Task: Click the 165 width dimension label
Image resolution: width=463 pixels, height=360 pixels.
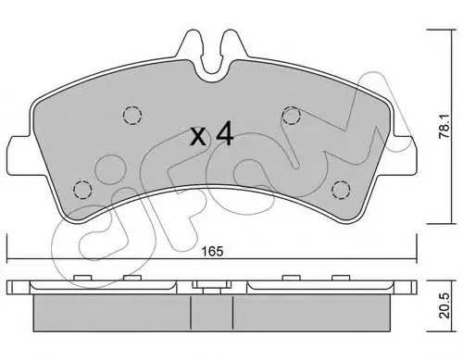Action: pyautogui.click(x=212, y=251)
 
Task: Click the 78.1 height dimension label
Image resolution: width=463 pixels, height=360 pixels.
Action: pyautogui.click(x=444, y=127)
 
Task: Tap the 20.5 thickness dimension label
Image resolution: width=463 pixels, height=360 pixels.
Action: pyautogui.click(x=444, y=305)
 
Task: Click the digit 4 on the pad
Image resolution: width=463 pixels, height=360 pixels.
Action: pyautogui.click(x=224, y=133)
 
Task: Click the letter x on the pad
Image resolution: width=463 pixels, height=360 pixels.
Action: pyautogui.click(x=198, y=136)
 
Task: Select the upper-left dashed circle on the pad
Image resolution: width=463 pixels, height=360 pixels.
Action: pyautogui.click(x=132, y=115)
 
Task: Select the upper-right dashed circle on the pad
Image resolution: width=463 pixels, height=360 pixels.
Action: pyautogui.click(x=292, y=115)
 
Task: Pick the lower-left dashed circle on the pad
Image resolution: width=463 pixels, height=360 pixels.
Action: pyautogui.click(x=82, y=189)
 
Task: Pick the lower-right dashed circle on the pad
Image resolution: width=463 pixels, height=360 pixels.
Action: pyautogui.click(x=341, y=189)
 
